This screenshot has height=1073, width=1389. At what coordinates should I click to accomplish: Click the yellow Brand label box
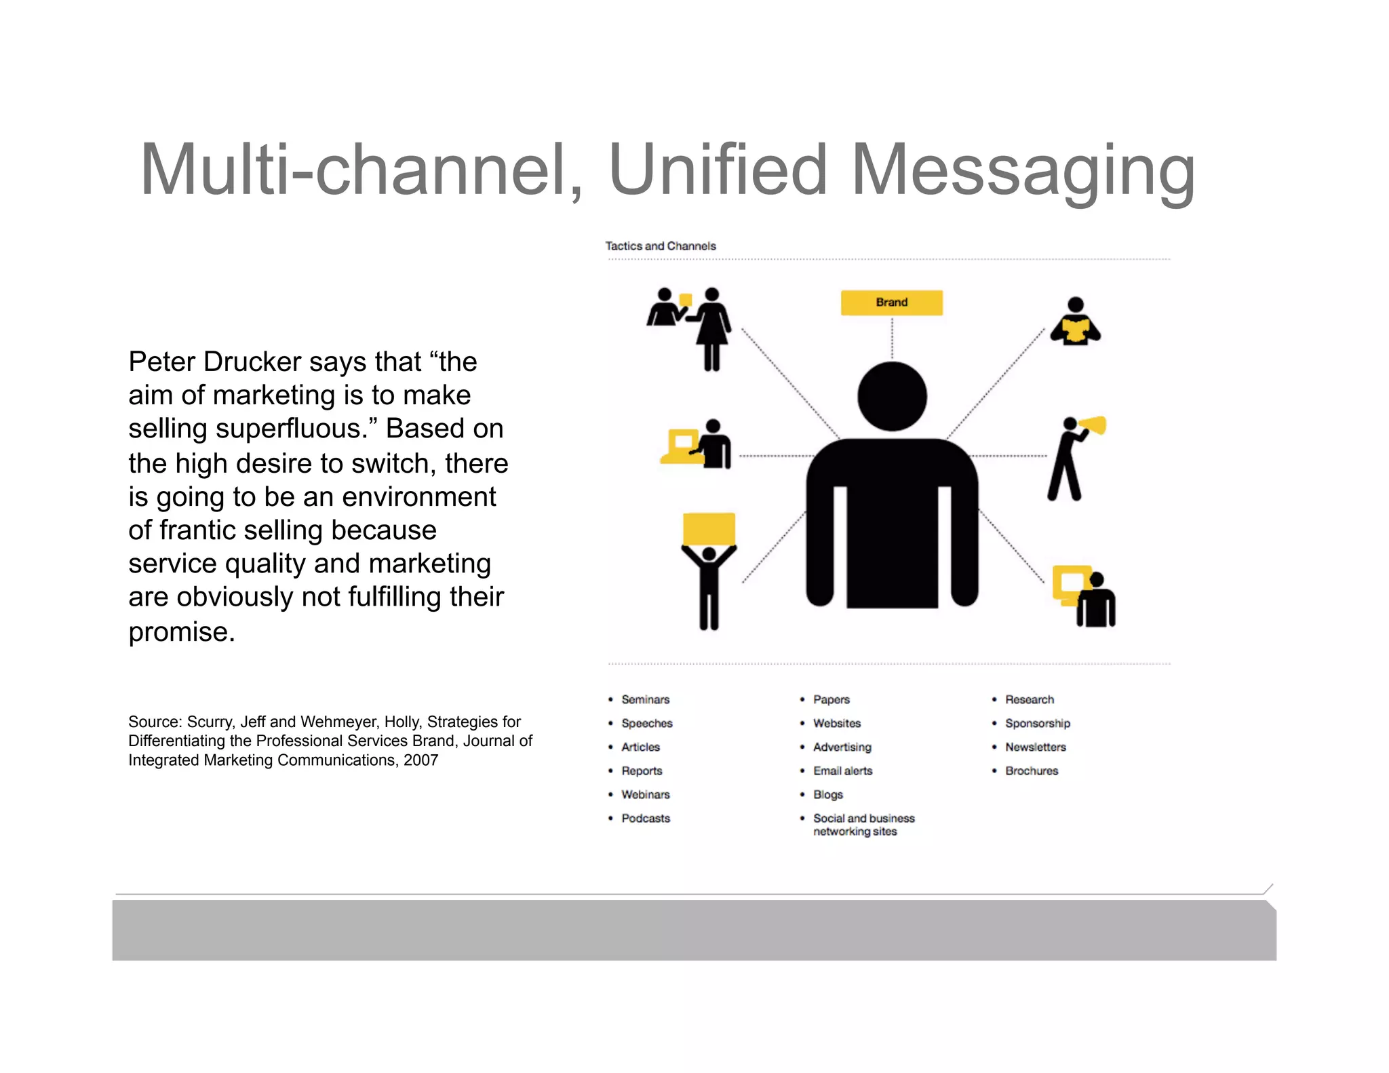pos(891,303)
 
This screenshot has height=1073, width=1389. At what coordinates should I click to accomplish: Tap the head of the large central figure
pos(892,396)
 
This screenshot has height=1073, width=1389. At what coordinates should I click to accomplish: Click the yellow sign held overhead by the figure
pos(709,529)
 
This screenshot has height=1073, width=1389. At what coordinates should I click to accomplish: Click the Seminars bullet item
pos(645,699)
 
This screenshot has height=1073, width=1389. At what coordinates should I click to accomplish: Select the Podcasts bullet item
pos(645,818)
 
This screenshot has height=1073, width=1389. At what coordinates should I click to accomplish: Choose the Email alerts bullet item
pos(842,770)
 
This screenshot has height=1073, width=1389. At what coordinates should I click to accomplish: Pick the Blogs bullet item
pos(828,794)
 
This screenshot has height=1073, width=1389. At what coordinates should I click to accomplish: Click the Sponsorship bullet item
pos(1037,723)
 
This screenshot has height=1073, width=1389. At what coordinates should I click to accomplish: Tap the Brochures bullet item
pos(1031,770)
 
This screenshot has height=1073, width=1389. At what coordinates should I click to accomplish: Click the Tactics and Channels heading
pos(661,246)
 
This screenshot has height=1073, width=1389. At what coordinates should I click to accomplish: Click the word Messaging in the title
pos(1023,171)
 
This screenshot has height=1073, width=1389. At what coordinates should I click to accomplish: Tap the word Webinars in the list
pos(645,794)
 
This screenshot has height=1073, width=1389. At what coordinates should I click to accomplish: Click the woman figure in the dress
pos(711,328)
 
